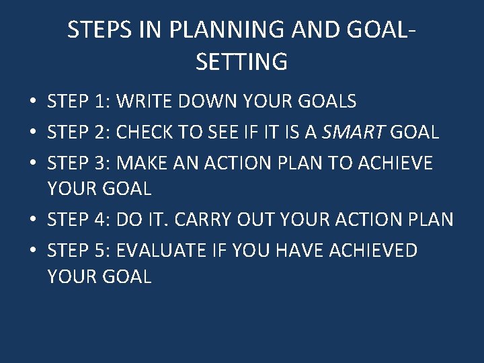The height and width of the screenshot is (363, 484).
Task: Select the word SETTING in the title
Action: click(x=241, y=62)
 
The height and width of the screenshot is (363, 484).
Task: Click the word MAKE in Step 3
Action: click(x=143, y=163)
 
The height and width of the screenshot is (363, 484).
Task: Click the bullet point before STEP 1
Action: click(x=32, y=102)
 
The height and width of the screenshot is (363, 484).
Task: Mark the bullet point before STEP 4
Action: click(x=32, y=220)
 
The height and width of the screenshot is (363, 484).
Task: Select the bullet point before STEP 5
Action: click(x=32, y=251)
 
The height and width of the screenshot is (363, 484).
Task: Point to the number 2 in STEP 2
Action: click(x=101, y=132)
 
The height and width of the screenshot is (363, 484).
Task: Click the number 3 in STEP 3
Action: click(x=101, y=163)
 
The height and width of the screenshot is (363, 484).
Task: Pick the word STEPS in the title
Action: click(x=96, y=30)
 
